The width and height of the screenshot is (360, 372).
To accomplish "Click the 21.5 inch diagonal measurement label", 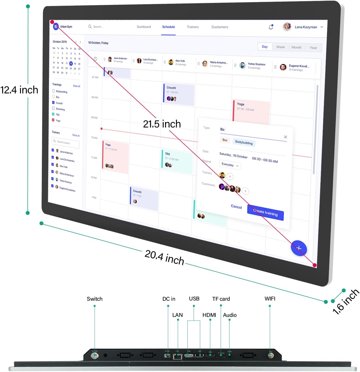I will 162,124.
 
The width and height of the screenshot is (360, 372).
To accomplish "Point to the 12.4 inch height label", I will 19,90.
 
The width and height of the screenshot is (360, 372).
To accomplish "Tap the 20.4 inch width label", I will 164,257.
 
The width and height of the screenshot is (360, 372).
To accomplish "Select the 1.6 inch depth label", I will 346,302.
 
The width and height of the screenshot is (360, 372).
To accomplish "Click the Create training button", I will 265,213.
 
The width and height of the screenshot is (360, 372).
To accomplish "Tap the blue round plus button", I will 299,248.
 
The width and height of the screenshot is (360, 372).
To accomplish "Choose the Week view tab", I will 280,47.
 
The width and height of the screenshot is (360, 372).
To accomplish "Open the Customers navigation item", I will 220,27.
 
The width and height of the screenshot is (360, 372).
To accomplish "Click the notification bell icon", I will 271,27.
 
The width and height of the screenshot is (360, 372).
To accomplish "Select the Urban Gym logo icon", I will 56,27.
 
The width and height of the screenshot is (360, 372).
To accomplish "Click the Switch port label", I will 95,299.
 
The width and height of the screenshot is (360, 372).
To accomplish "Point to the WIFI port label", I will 270,299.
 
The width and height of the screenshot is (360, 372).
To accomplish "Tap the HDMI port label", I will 209,315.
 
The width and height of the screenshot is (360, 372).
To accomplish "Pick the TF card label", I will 221,299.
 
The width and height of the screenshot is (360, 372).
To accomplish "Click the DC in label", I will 169,299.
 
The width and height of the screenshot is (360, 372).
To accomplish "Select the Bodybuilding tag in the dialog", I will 244,143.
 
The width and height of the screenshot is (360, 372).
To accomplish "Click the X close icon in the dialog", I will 285,137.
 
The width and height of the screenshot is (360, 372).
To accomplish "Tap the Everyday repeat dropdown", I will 230,165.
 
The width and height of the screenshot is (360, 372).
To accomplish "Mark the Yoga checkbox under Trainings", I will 53,120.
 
